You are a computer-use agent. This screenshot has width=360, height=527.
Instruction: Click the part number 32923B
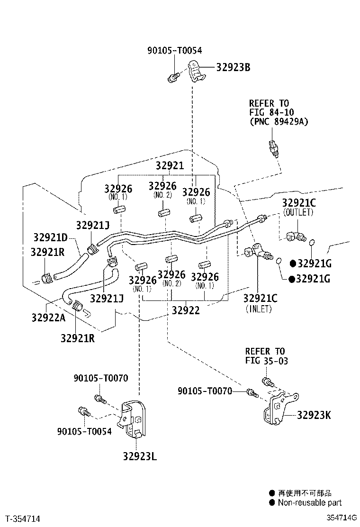(233, 67)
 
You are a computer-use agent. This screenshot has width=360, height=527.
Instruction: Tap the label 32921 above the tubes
(170, 165)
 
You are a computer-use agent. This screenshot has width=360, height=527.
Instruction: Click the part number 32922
(186, 310)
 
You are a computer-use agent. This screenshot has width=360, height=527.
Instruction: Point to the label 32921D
(50, 237)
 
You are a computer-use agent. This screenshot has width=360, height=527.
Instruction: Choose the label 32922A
(49, 317)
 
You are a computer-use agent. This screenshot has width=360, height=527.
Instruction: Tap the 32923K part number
(314, 415)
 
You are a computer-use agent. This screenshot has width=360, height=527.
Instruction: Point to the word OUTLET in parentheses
(298, 212)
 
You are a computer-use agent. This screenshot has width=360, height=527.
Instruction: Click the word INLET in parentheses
(259, 309)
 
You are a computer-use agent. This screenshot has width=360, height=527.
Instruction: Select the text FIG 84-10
(272, 112)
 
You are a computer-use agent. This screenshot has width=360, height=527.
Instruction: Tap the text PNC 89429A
(279, 121)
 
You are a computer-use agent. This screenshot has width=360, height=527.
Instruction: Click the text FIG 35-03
(267, 361)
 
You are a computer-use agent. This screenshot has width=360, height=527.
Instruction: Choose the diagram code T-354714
(23, 518)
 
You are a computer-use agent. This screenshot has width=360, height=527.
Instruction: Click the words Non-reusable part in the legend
(310, 503)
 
